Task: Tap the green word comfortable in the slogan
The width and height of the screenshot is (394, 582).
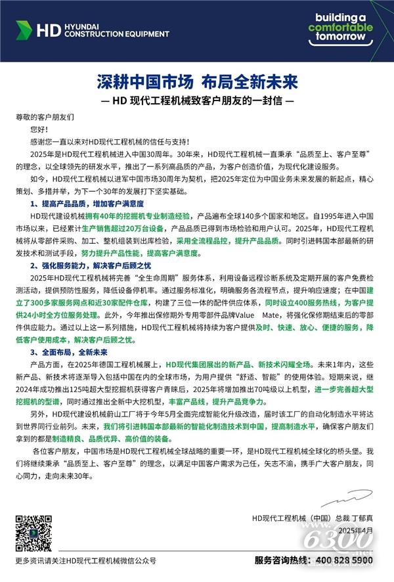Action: pyautogui.click(x=340, y=28)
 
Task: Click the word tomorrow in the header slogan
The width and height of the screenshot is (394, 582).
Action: pyautogui.click(x=340, y=37)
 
